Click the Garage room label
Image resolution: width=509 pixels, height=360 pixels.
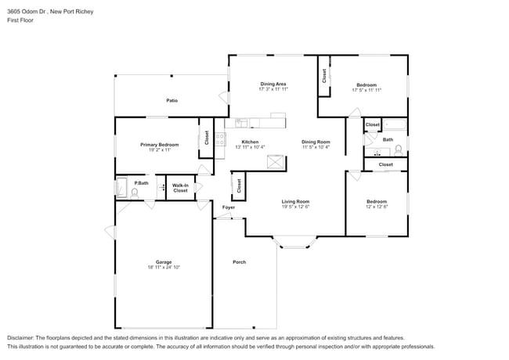pyautogui.click(x=163, y=262)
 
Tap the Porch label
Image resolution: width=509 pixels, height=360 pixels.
pyautogui.click(x=239, y=262)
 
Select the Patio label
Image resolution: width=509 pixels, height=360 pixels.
pyautogui.click(x=171, y=101)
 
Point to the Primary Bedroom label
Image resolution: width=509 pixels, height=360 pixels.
pyautogui.click(x=159, y=145)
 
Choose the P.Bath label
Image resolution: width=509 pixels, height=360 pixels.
pyautogui.click(x=141, y=183)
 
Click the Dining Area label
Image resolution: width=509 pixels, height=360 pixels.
pyautogui.click(x=273, y=84)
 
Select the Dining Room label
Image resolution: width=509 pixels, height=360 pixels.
pyautogui.click(x=316, y=142)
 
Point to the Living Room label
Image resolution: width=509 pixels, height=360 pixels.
pyautogui.click(x=296, y=202)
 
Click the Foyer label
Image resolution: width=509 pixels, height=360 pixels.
pyautogui.click(x=228, y=207)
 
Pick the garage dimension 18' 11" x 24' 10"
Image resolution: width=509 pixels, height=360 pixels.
pyautogui.click(x=163, y=268)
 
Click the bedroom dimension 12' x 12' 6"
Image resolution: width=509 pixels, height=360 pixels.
pyautogui.click(x=377, y=207)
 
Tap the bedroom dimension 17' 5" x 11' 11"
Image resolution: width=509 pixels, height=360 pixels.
pyautogui.click(x=366, y=90)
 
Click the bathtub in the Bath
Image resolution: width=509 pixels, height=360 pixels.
pyautogui.click(x=395, y=124)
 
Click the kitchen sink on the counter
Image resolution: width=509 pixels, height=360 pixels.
pyautogui.click(x=241, y=123)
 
